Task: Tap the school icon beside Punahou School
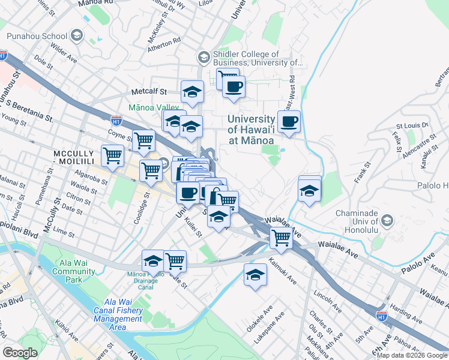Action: [x=76, y=36]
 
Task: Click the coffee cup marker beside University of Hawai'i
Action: [x=289, y=122]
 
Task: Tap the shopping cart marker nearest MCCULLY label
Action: [x=112, y=155]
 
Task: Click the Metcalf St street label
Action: [x=149, y=92]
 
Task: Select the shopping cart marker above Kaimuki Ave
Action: [x=281, y=238]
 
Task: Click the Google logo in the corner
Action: [x=21, y=353]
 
